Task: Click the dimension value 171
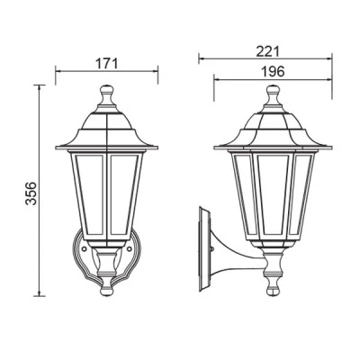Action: click(107, 63)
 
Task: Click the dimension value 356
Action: click(31, 193)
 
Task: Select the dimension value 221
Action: click(267, 51)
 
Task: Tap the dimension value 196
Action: click(273, 71)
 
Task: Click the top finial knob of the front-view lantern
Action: click(106, 89)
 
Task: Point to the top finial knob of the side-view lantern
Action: click(273, 89)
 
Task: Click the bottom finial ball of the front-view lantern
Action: click(107, 291)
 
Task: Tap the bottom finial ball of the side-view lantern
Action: click(273, 291)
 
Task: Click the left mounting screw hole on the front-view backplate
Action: click(85, 248)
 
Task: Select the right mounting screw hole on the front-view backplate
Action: click(130, 248)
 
